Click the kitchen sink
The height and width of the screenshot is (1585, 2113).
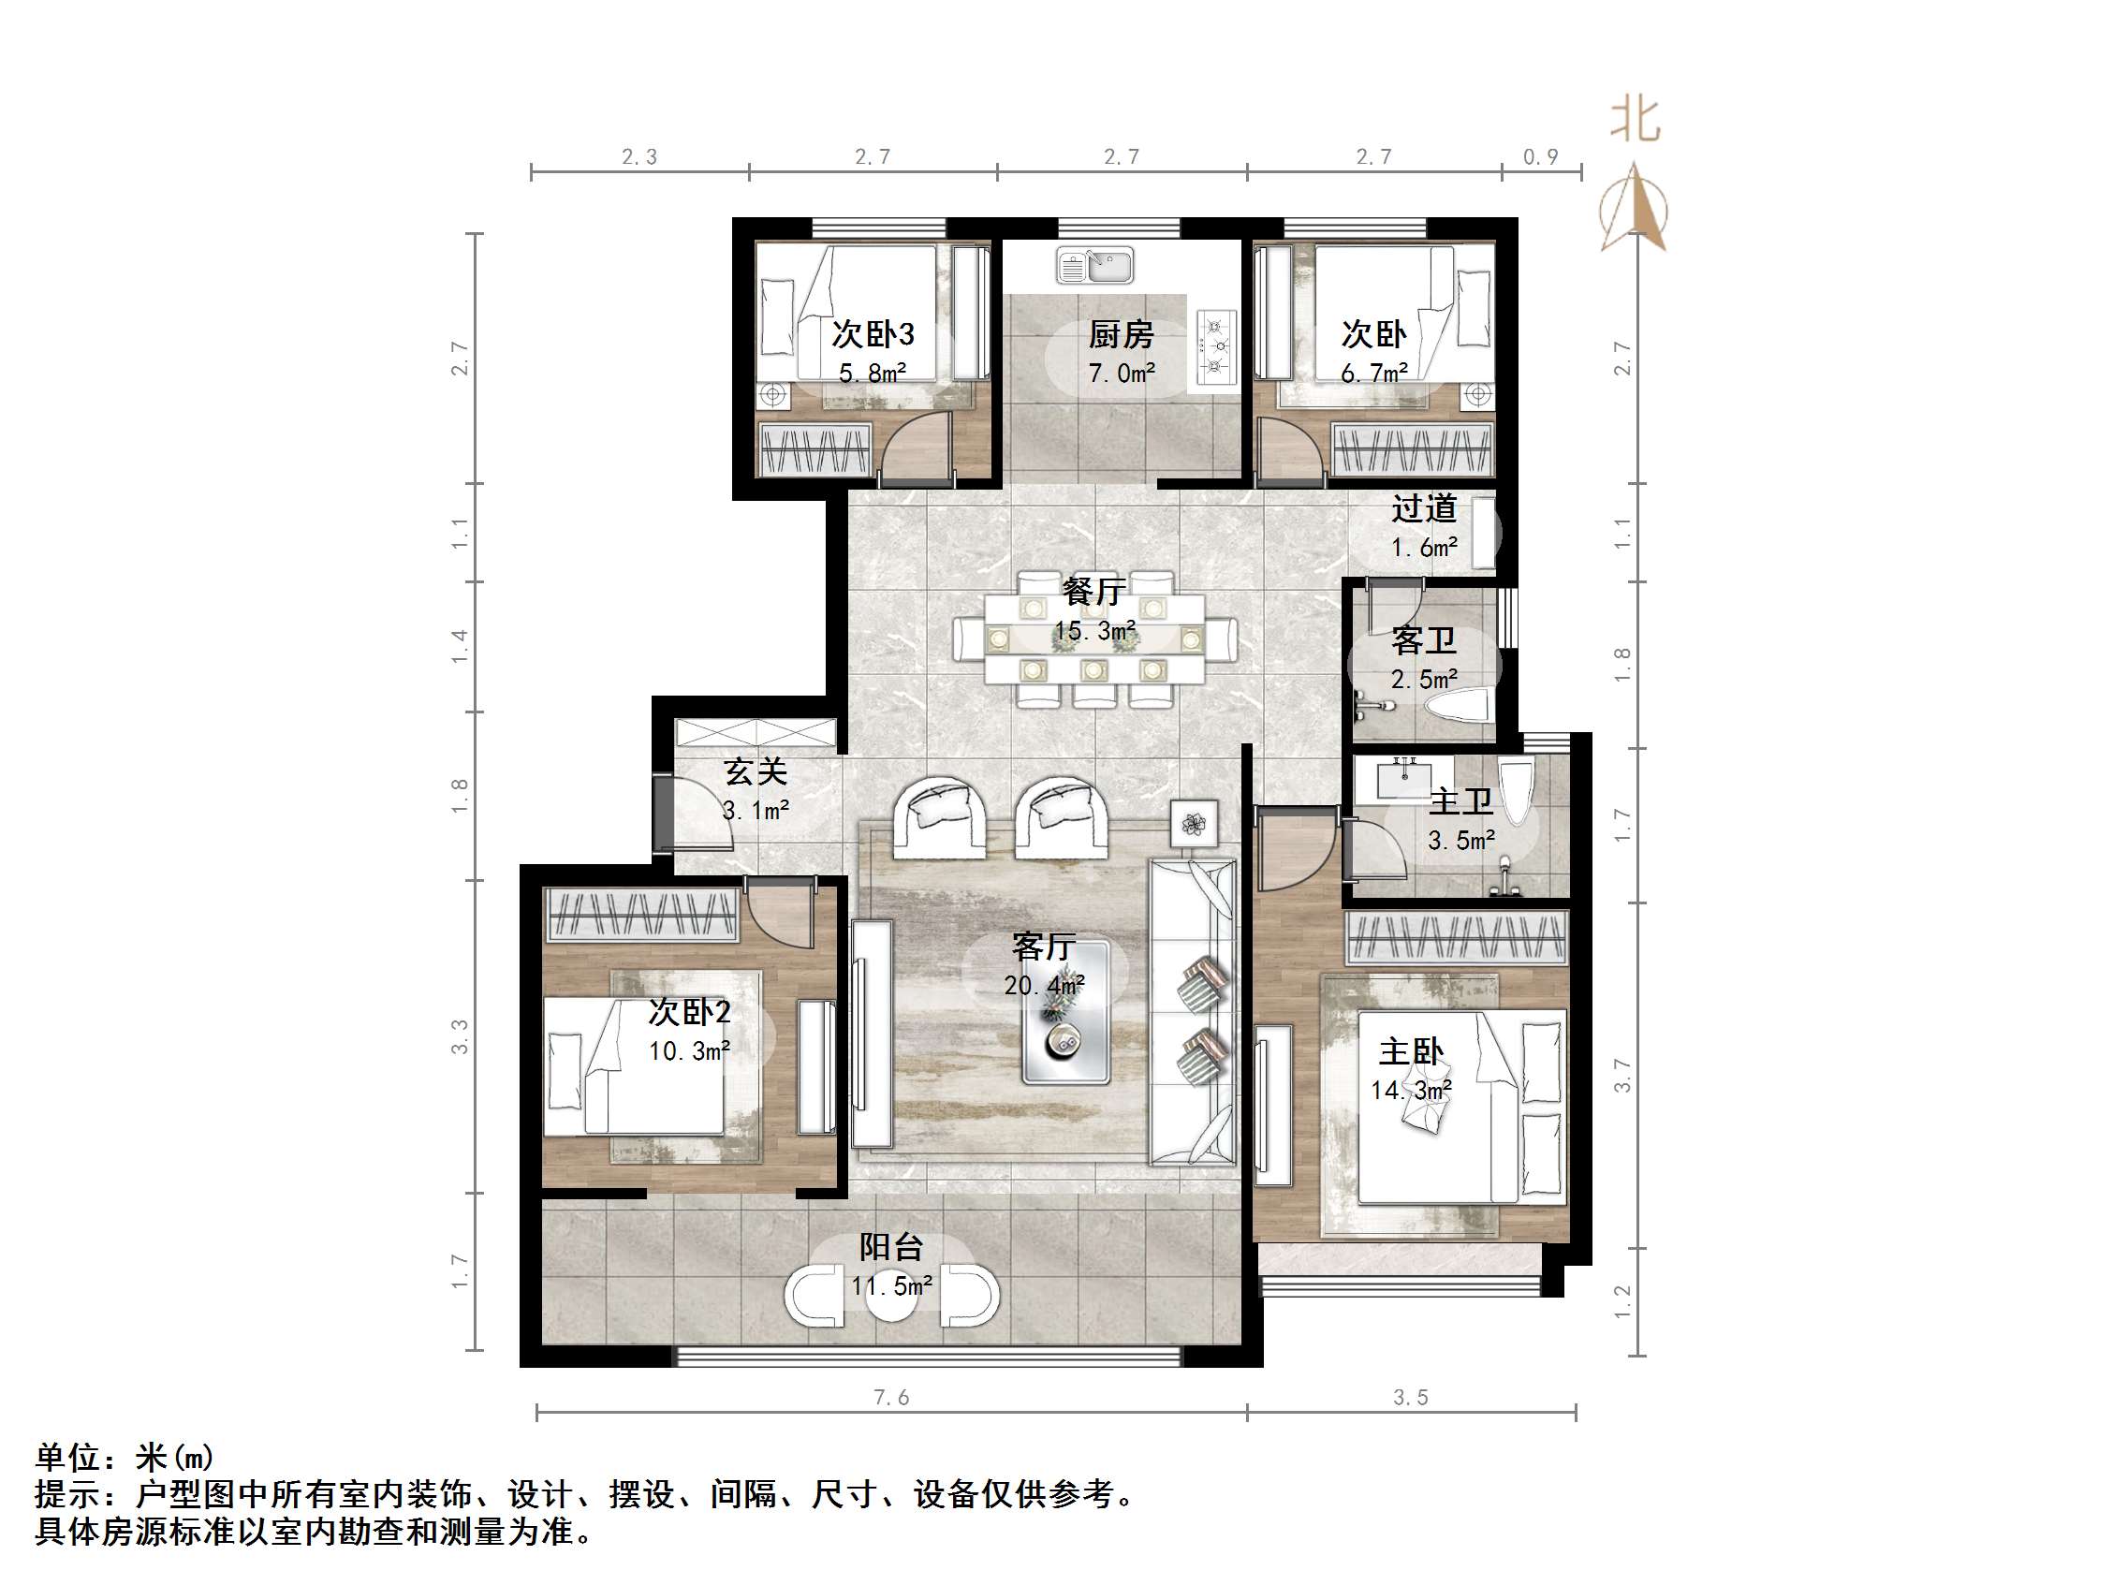(1094, 265)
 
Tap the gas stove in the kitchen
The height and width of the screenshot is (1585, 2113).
(1216, 346)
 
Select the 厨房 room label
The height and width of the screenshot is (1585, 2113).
(1121, 334)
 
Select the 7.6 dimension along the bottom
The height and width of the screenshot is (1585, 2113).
(890, 1398)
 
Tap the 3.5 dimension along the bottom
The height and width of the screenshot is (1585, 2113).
(1410, 1398)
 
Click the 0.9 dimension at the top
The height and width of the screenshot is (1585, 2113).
(1540, 156)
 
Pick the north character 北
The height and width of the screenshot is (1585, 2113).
(1635, 122)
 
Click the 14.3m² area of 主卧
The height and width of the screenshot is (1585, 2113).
(1411, 1090)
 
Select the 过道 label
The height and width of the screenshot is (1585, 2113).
(1423, 508)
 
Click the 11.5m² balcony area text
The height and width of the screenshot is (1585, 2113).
(891, 1286)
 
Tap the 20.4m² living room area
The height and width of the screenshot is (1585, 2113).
(1043, 985)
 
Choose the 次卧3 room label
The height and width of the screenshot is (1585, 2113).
(873, 333)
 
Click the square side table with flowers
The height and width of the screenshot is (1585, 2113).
(1194, 823)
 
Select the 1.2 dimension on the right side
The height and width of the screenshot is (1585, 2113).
(1623, 1302)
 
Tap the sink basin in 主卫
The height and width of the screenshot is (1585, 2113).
(1405, 778)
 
